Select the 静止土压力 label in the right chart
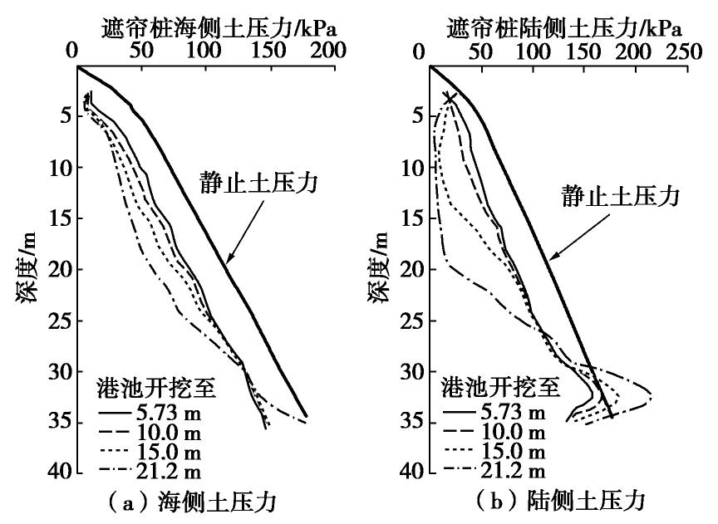click(620, 197)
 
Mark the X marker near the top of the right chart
click(450, 98)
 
